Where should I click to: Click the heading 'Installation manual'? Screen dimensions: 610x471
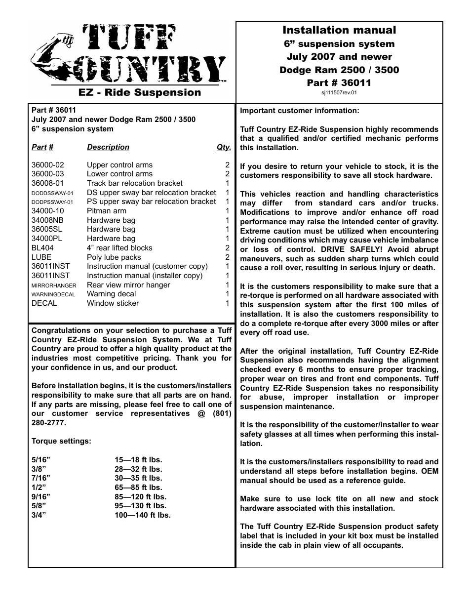pyautogui.click(x=339, y=30)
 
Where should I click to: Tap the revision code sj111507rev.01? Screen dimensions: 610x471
pyautogui.click(x=339, y=92)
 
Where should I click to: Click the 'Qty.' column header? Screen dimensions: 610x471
pyautogui.click(x=224, y=147)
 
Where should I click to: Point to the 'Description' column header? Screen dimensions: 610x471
pyautogui.click(x=108, y=147)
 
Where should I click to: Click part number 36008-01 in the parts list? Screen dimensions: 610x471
pyautogui.click(x=47, y=183)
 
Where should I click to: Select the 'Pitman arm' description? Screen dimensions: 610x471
pyautogui.click(x=106, y=211)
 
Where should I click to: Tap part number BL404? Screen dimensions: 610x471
pyautogui.click(x=42, y=248)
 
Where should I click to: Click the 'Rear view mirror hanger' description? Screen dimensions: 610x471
pyautogui.click(x=128, y=285)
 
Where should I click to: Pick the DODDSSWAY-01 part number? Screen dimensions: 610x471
pyautogui.click(x=52, y=193)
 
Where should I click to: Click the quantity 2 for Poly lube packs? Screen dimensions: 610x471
pyautogui.click(x=228, y=257)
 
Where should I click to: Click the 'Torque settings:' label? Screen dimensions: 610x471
pyautogui.click(x=61, y=441)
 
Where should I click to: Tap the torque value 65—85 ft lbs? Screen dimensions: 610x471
pyautogui.click(x=138, y=488)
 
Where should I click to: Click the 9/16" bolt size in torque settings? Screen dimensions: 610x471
pyautogui.click(x=41, y=497)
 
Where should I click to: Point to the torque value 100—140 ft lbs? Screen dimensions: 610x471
pyautogui.click(x=143, y=515)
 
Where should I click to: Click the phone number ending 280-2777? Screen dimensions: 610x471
pyautogui.click(x=48, y=423)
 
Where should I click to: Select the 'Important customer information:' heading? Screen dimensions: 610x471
pyautogui.click(x=300, y=111)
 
